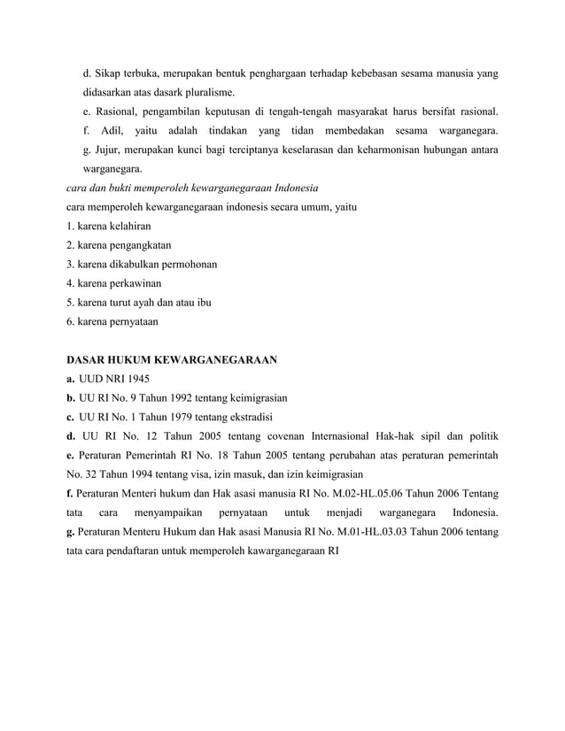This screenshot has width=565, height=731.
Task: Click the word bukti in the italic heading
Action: coord(128,189)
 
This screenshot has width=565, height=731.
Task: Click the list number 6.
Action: coord(71,322)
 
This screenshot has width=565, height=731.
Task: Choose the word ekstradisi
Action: coord(247,417)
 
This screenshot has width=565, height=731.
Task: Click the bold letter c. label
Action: coord(71,417)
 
